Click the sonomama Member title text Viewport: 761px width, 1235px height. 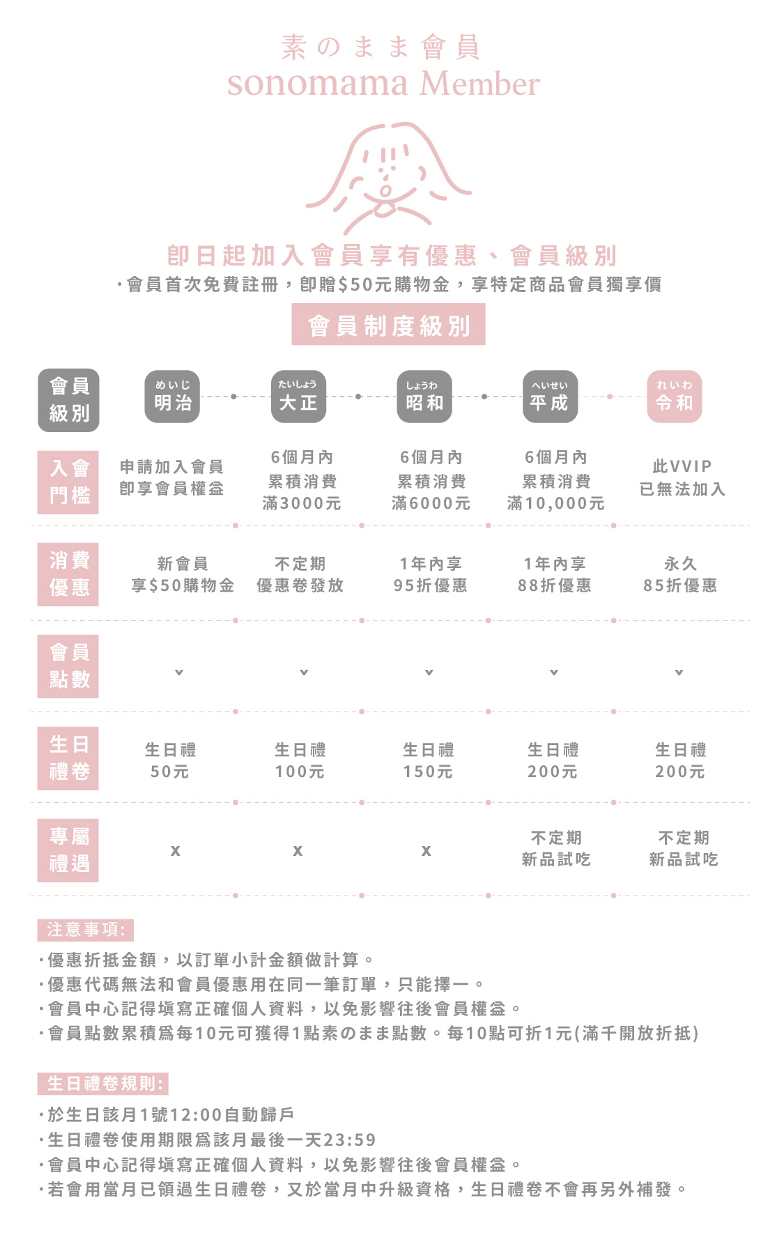[383, 84]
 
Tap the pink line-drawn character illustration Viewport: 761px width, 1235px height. [388, 178]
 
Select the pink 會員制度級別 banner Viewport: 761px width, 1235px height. [388, 325]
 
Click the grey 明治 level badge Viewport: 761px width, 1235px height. [172, 397]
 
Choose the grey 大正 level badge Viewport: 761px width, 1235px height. [298, 397]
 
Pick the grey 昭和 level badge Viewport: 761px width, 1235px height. [424, 397]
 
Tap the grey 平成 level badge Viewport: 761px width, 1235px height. [550, 397]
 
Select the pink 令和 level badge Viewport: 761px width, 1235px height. [674, 397]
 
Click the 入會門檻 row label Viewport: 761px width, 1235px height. [68, 482]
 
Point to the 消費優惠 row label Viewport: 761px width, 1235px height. [68, 574]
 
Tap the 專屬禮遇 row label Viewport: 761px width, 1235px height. [68, 850]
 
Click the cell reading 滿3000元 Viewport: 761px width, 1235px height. [302, 503]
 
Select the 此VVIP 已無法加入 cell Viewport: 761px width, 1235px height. [682, 477]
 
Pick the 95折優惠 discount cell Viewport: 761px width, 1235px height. [430, 585]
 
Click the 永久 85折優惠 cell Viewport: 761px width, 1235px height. [680, 574]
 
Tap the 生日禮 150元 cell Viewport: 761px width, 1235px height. [428, 760]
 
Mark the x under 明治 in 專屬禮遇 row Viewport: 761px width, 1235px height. [176, 850]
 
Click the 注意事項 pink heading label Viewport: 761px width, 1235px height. [86, 930]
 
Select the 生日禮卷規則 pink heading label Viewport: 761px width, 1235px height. [103, 1084]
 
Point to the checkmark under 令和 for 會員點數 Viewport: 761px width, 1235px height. [679, 673]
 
